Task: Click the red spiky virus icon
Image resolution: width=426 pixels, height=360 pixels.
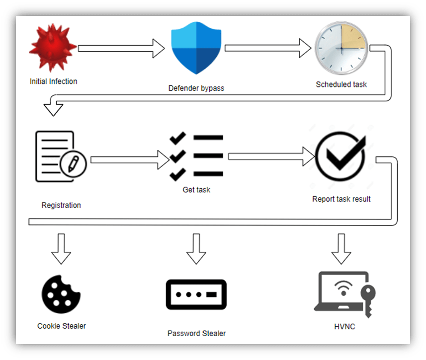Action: coord(53,48)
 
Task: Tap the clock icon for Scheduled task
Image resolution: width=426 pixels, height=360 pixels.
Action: coord(341,48)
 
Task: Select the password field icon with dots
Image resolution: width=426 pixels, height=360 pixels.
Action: coord(196,295)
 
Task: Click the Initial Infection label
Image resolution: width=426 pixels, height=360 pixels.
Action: coord(53,81)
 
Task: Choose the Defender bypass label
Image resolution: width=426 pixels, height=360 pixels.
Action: coord(196,88)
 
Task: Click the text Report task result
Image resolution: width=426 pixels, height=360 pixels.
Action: coord(341,199)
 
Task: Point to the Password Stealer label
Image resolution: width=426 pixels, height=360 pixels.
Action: coord(196,333)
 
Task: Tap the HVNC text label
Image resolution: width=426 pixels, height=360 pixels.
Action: coord(344,326)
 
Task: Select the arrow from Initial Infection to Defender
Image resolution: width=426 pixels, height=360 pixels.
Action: coord(121,48)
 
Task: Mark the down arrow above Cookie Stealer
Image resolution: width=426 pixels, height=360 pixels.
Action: coord(62,248)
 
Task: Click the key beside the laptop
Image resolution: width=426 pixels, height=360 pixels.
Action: coord(369,300)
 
